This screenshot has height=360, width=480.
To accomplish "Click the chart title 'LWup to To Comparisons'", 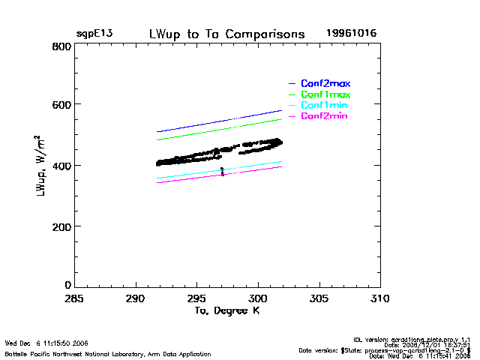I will (x=227, y=34).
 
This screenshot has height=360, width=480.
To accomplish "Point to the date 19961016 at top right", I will (x=352, y=34).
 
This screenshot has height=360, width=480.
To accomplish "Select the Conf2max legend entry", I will (x=325, y=83).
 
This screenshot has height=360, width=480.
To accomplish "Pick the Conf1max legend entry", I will (x=325, y=94).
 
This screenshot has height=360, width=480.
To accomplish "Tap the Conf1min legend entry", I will (x=325, y=106).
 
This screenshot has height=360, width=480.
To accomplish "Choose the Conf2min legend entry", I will (x=325, y=116).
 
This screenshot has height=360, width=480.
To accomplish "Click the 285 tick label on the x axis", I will (x=74, y=299).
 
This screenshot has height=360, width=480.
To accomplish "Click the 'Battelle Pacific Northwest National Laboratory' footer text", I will (x=107, y=354).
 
